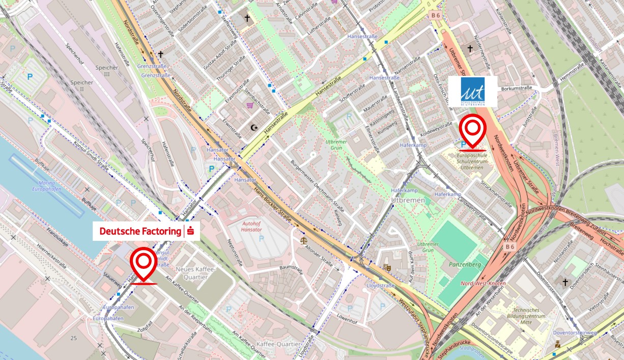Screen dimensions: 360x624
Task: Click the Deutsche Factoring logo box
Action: [146, 231]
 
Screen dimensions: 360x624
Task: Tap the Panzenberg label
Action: [461, 265]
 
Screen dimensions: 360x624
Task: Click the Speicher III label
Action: [106, 71]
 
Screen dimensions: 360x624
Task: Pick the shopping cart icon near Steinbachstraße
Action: [250, 105]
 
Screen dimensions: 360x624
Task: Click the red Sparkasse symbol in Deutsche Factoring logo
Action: [191, 231]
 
